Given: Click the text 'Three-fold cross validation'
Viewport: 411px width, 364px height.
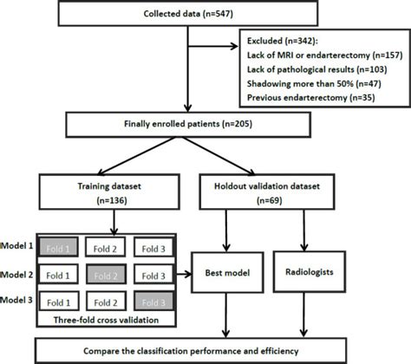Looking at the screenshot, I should click(x=107, y=322).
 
